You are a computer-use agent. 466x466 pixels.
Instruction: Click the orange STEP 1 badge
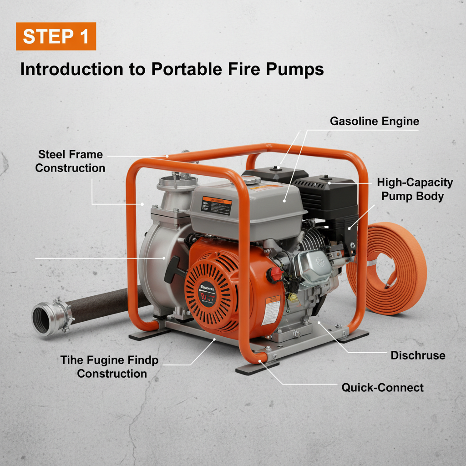click(56, 36)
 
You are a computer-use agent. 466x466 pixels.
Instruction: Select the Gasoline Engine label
click(374, 122)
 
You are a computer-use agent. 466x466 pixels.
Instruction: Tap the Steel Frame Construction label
click(70, 161)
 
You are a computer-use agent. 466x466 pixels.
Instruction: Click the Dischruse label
click(418, 355)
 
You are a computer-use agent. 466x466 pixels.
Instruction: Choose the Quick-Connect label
click(382, 388)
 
